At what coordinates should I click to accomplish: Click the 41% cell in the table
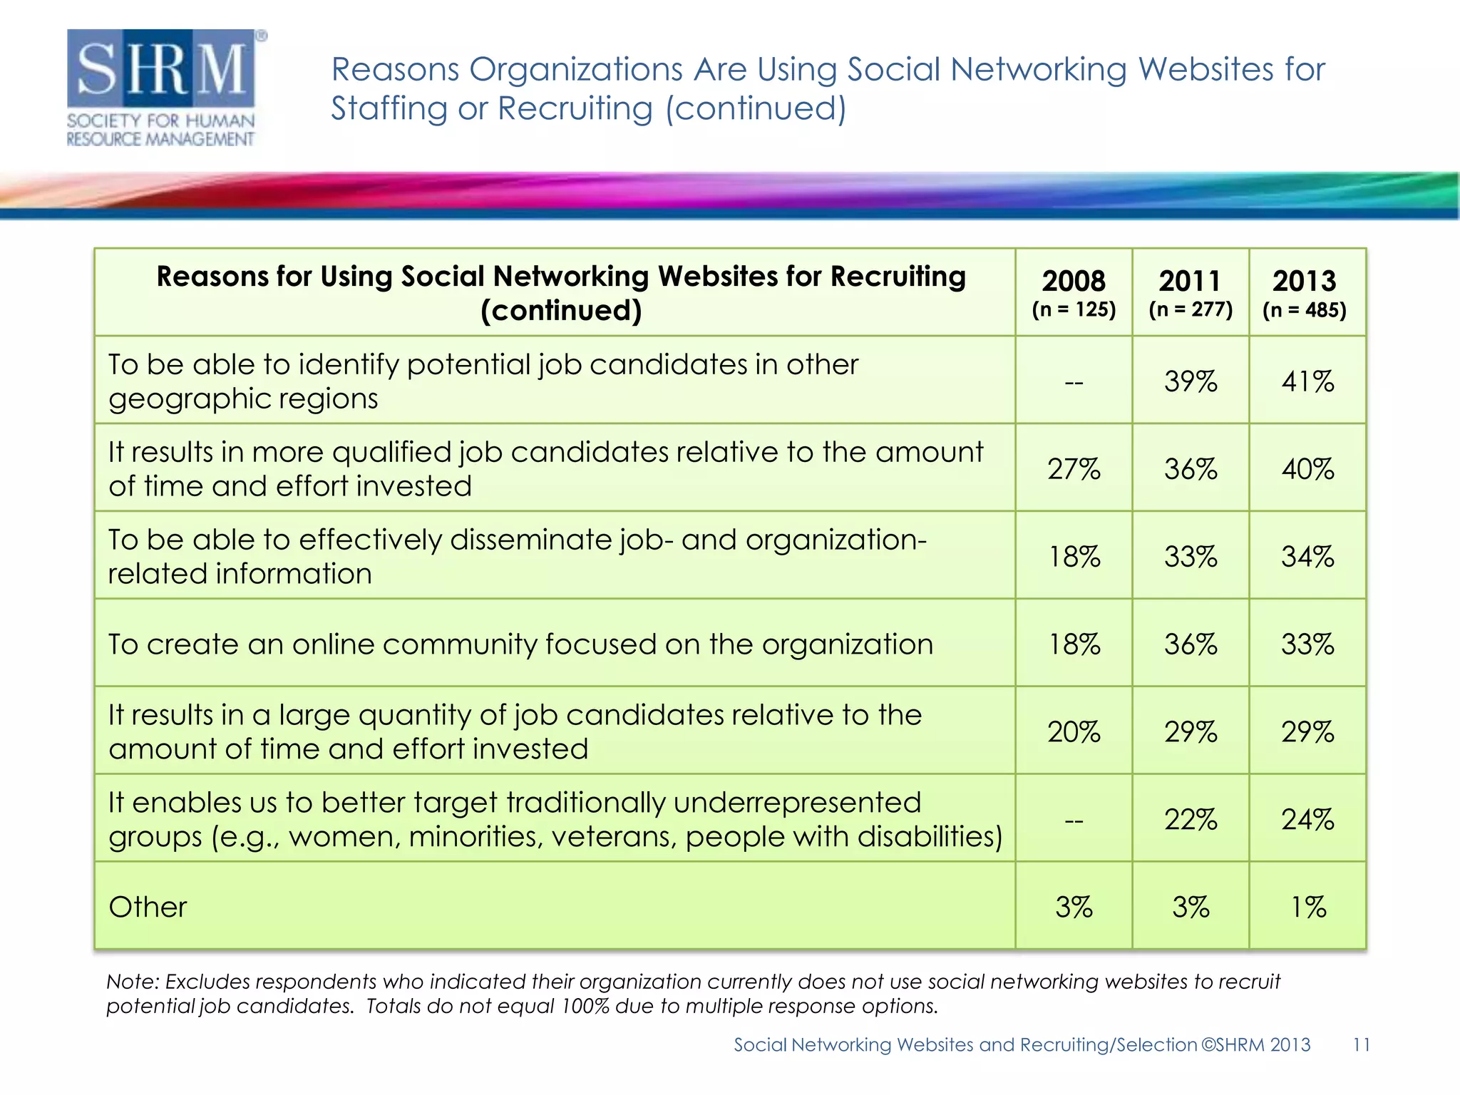[1307, 381]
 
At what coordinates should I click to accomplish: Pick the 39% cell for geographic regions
[1191, 381]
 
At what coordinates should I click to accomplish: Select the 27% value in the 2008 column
[1074, 469]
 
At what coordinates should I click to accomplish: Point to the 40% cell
[1307, 469]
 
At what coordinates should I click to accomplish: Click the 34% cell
[1307, 557]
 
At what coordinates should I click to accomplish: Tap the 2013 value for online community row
[1307, 644]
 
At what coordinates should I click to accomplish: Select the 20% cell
[1074, 732]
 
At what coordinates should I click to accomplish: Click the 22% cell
[1191, 820]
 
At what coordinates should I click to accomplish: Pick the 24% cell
[1307, 820]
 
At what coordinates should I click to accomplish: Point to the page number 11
[1361, 1045]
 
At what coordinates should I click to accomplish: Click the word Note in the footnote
[132, 982]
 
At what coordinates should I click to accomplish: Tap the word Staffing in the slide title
[389, 109]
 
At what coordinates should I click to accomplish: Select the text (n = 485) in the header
[1305, 310]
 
